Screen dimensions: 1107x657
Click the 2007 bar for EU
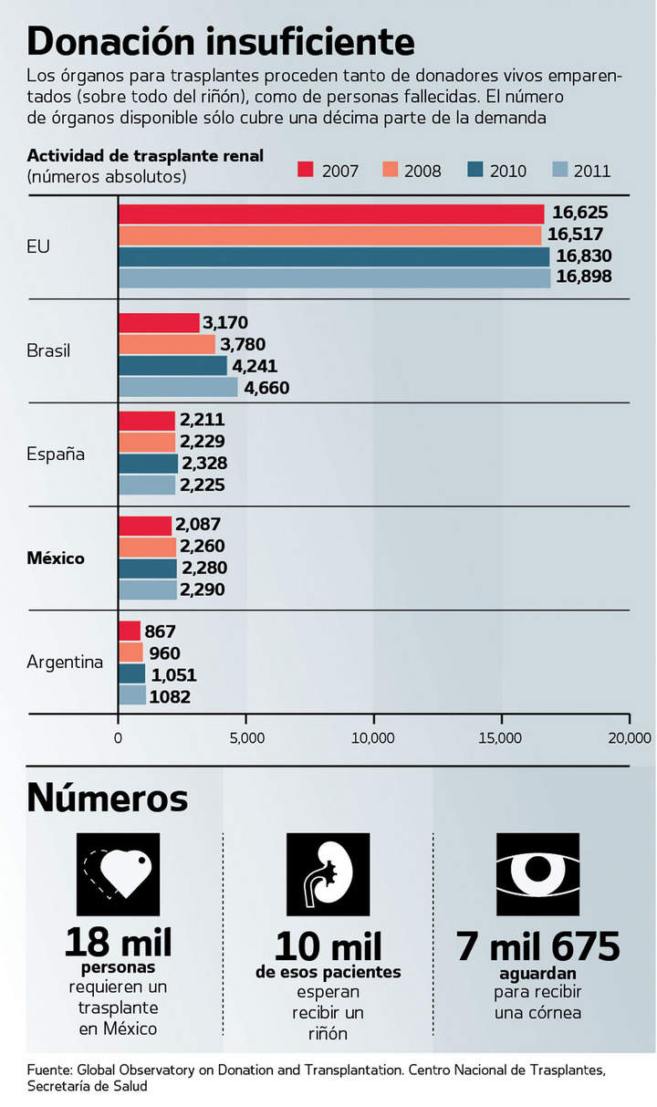(x=331, y=214)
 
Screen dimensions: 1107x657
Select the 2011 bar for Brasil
(x=178, y=387)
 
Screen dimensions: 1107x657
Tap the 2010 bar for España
(x=148, y=464)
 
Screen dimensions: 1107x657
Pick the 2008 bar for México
(x=147, y=547)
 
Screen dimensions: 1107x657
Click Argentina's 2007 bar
(x=130, y=631)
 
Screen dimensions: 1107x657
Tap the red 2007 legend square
(x=306, y=170)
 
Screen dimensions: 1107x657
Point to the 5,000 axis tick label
(x=246, y=737)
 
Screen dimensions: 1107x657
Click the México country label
(x=56, y=558)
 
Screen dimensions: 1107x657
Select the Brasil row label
(x=48, y=350)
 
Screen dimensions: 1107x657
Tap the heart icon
(x=118, y=874)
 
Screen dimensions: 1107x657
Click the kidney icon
(x=328, y=874)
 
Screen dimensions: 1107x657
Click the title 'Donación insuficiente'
(x=221, y=41)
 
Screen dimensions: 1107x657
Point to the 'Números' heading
(x=108, y=797)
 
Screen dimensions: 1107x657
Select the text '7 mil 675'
(x=538, y=946)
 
